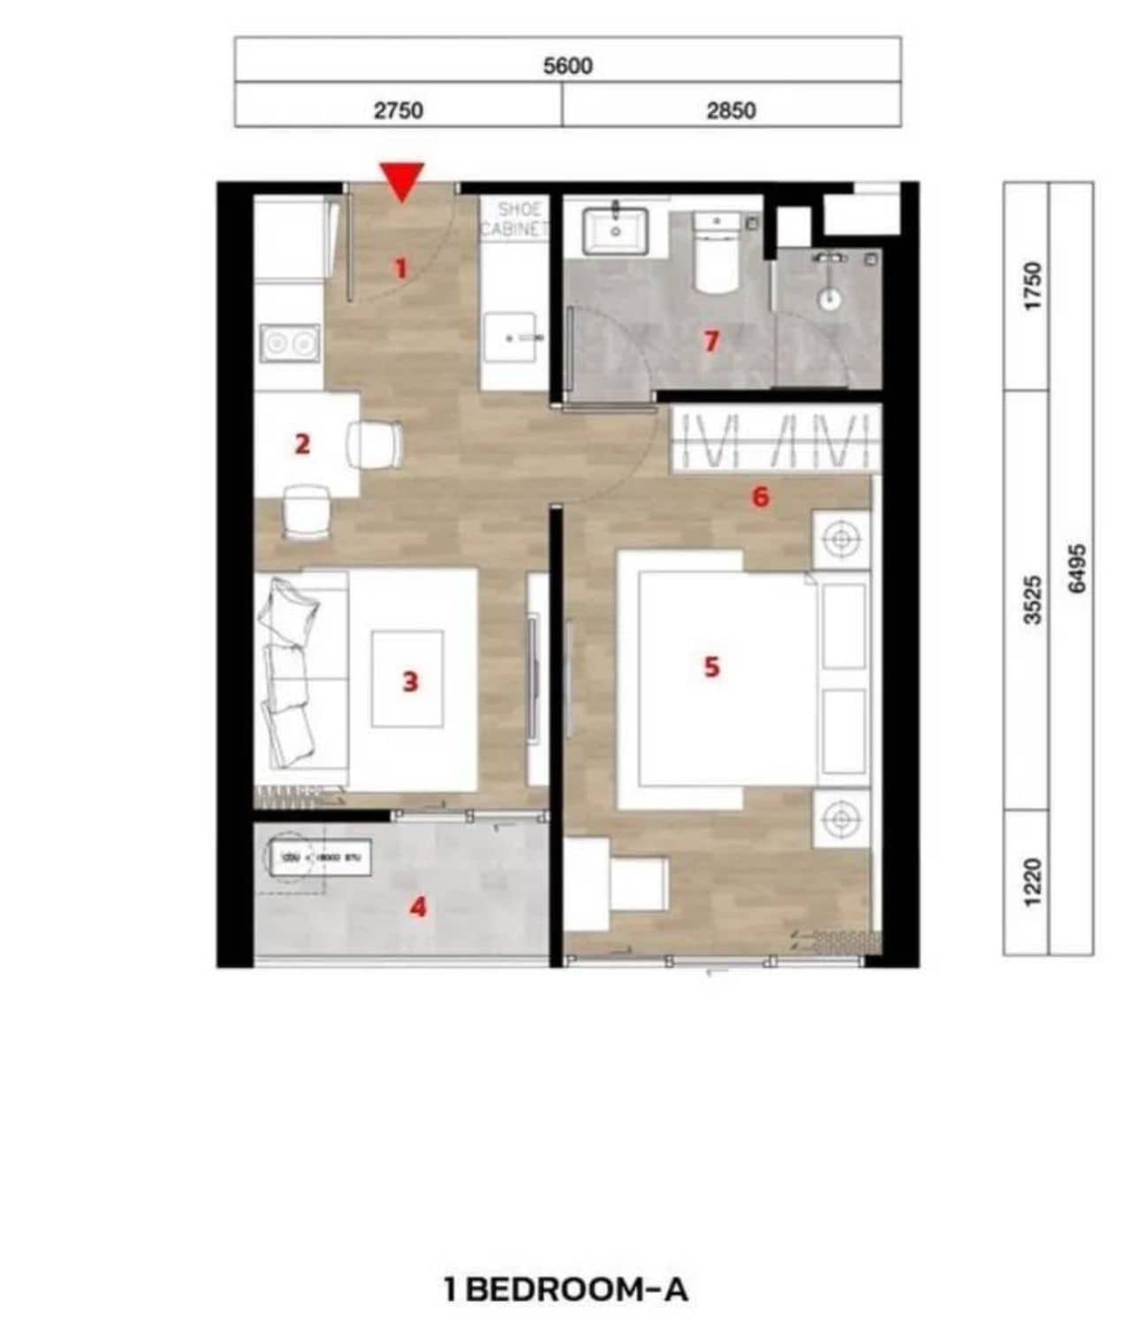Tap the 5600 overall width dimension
(x=567, y=65)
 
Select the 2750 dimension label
(x=399, y=110)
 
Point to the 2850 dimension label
(x=731, y=110)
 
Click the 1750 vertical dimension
(x=1032, y=285)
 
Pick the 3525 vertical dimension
(x=1032, y=600)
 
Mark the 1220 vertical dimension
(x=1032, y=882)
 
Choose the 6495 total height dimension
(x=1075, y=568)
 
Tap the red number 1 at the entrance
(x=401, y=267)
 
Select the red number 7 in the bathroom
(x=711, y=340)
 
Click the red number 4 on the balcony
(x=418, y=907)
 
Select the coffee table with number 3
(x=407, y=679)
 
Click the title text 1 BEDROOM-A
(x=566, y=1289)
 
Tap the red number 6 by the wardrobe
(x=760, y=497)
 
